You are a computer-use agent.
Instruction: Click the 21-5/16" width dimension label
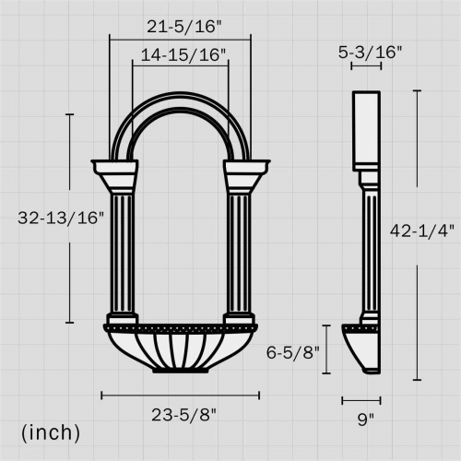181,26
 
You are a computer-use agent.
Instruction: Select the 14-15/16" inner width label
181,55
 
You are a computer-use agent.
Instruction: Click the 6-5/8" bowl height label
291,351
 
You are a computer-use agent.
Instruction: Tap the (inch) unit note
51,431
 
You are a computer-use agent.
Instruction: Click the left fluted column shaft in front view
123,253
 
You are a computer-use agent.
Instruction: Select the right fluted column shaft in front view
239,253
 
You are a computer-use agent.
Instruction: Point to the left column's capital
115,172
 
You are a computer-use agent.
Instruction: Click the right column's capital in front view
246,172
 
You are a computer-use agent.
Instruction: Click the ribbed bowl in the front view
181,349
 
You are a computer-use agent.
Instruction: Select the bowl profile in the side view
364,349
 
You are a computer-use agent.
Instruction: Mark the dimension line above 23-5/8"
181,395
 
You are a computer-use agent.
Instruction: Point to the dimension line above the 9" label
361,400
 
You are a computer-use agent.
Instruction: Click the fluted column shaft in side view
369,249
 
